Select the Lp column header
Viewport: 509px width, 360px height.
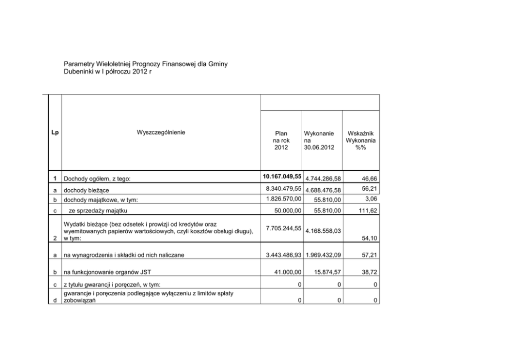pyautogui.click(x=55, y=132)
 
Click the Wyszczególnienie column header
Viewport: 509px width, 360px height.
pyautogui.click(x=161, y=132)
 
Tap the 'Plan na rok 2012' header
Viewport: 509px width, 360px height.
pyautogui.click(x=282, y=140)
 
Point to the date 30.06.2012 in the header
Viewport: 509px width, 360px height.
pyautogui.click(x=319, y=148)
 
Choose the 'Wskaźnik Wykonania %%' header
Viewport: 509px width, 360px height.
pyautogui.click(x=361, y=140)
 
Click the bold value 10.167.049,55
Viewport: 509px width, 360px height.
pyautogui.click(x=281, y=176)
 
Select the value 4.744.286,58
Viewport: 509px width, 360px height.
pyautogui.click(x=323, y=178)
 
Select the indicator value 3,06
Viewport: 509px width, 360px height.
pyautogui.click(x=370, y=198)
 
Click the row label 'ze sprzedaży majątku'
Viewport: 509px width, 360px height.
pyautogui.click(x=97, y=210)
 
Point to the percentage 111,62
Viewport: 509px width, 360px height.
pyautogui.click(x=366, y=210)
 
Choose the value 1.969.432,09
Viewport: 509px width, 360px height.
pyautogui.click(x=323, y=255)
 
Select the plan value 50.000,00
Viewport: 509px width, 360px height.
pyautogui.click(x=285, y=210)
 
